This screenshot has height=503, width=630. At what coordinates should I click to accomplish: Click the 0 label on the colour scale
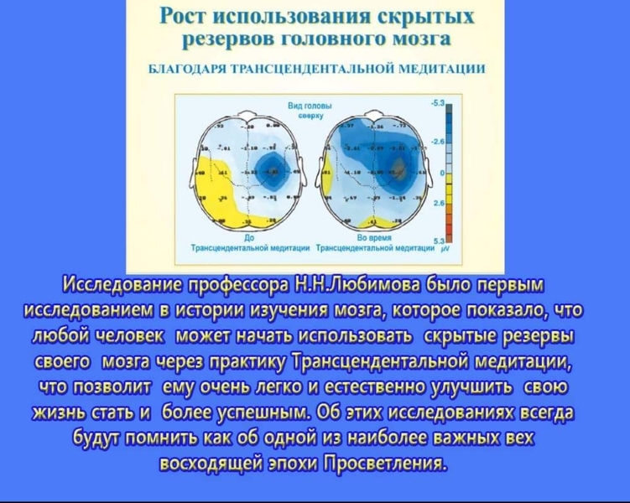pos(441,173)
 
